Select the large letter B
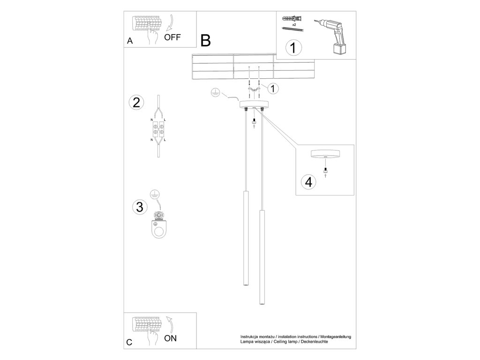pos(205,41)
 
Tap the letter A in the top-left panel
pos(130,41)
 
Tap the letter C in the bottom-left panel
pos(129,342)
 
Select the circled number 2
pos(136,103)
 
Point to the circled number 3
pos(139,207)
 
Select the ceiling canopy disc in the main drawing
pos(254,104)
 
